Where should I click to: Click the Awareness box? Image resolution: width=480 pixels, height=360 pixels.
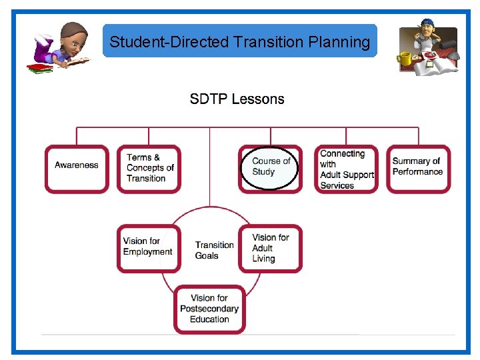coord(77,169)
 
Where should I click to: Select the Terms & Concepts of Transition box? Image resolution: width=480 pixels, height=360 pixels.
coord(149,169)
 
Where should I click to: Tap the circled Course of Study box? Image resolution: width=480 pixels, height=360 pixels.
coord(270,168)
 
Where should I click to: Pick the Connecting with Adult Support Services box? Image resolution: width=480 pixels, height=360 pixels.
coord(346,169)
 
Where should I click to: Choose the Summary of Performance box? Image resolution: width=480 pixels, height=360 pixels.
coord(418,169)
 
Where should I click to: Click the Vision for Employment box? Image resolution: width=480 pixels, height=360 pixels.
coord(148,248)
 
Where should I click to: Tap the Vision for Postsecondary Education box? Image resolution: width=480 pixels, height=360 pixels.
coord(209,309)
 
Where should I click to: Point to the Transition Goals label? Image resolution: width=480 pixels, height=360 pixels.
coord(214,250)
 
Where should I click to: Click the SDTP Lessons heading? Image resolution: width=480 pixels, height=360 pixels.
coord(237,99)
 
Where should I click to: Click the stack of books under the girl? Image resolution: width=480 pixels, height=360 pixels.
coord(40,67)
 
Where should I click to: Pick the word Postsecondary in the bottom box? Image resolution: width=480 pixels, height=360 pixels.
coord(209,309)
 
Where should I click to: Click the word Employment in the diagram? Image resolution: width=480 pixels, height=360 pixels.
coord(148,252)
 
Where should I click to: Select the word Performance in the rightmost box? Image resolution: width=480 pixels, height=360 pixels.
coord(417,172)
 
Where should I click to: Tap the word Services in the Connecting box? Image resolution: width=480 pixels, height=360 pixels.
coord(337,186)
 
